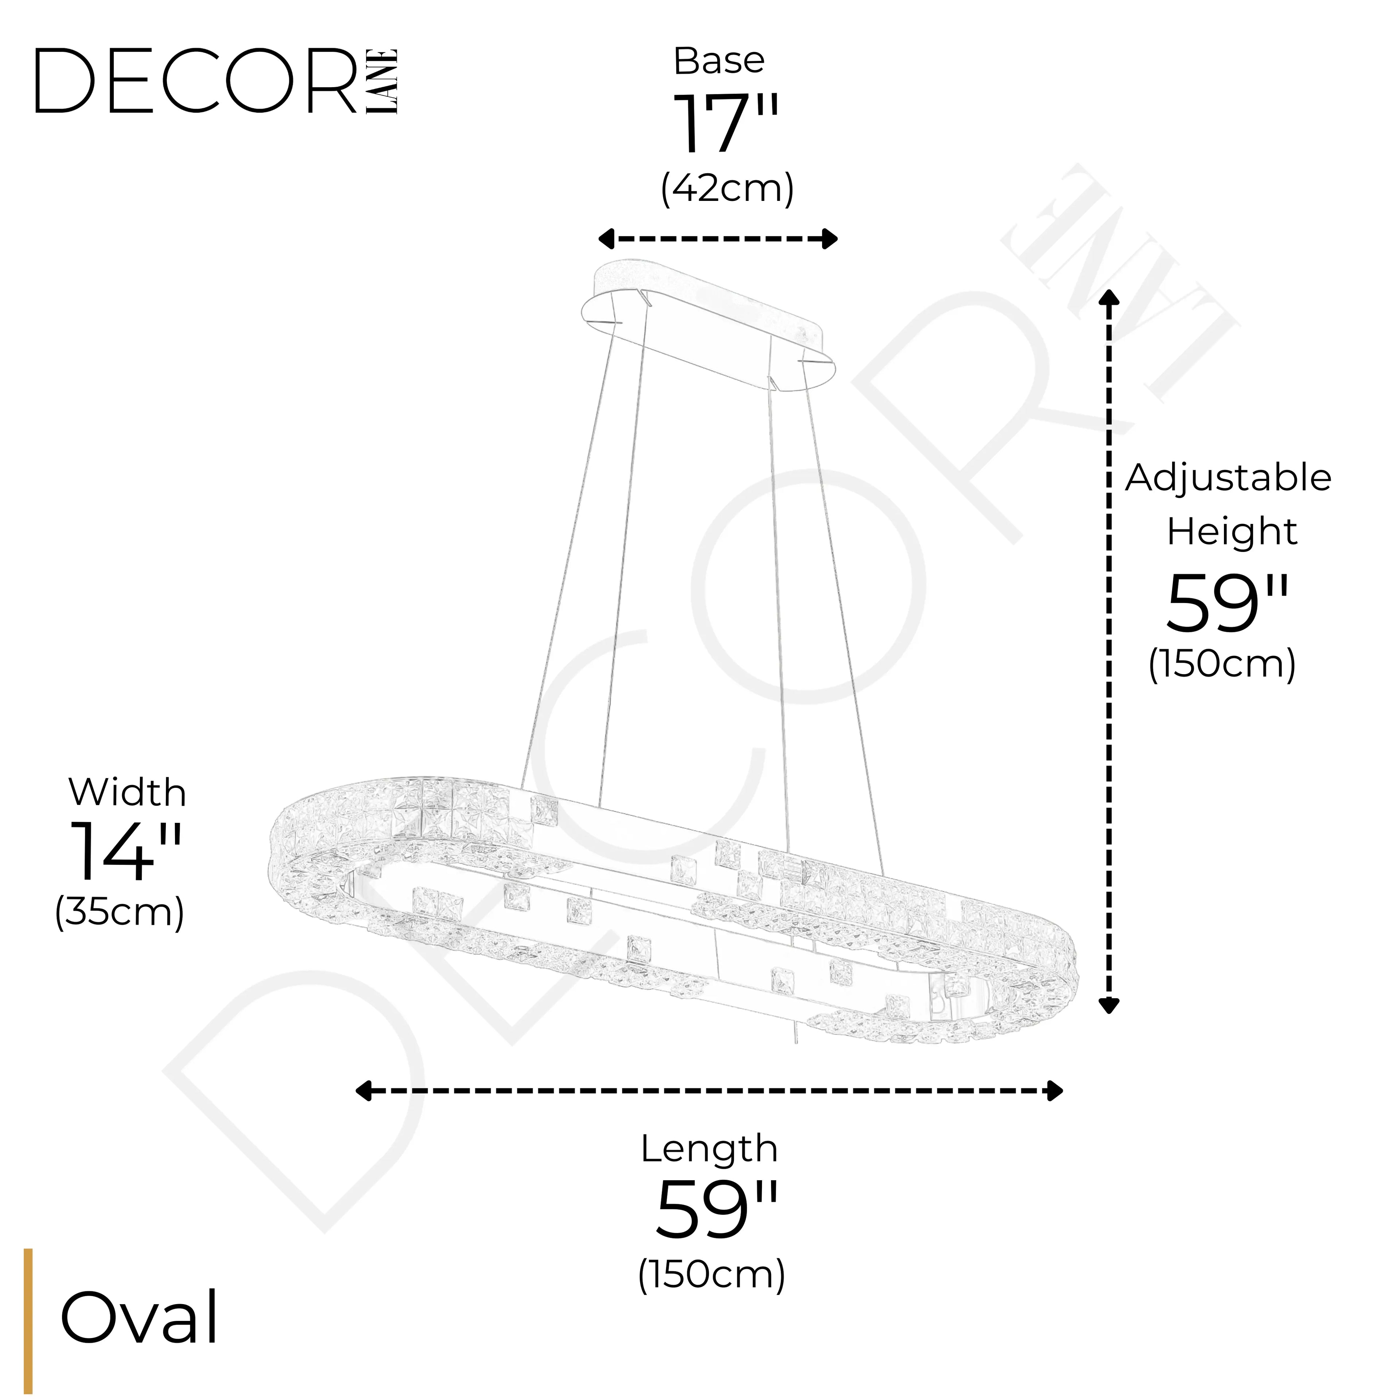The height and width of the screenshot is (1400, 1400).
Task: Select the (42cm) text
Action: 727,189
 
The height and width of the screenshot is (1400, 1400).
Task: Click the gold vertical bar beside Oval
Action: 28,1320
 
